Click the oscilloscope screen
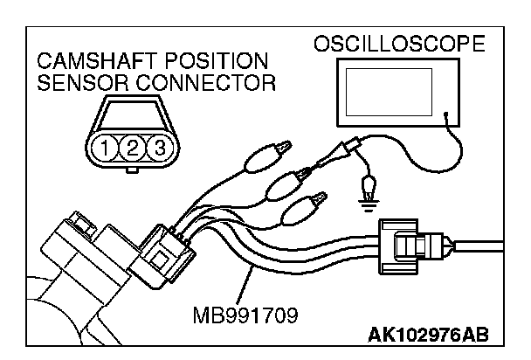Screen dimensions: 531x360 click(x=390, y=100)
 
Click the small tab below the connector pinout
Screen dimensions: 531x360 click(x=133, y=171)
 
